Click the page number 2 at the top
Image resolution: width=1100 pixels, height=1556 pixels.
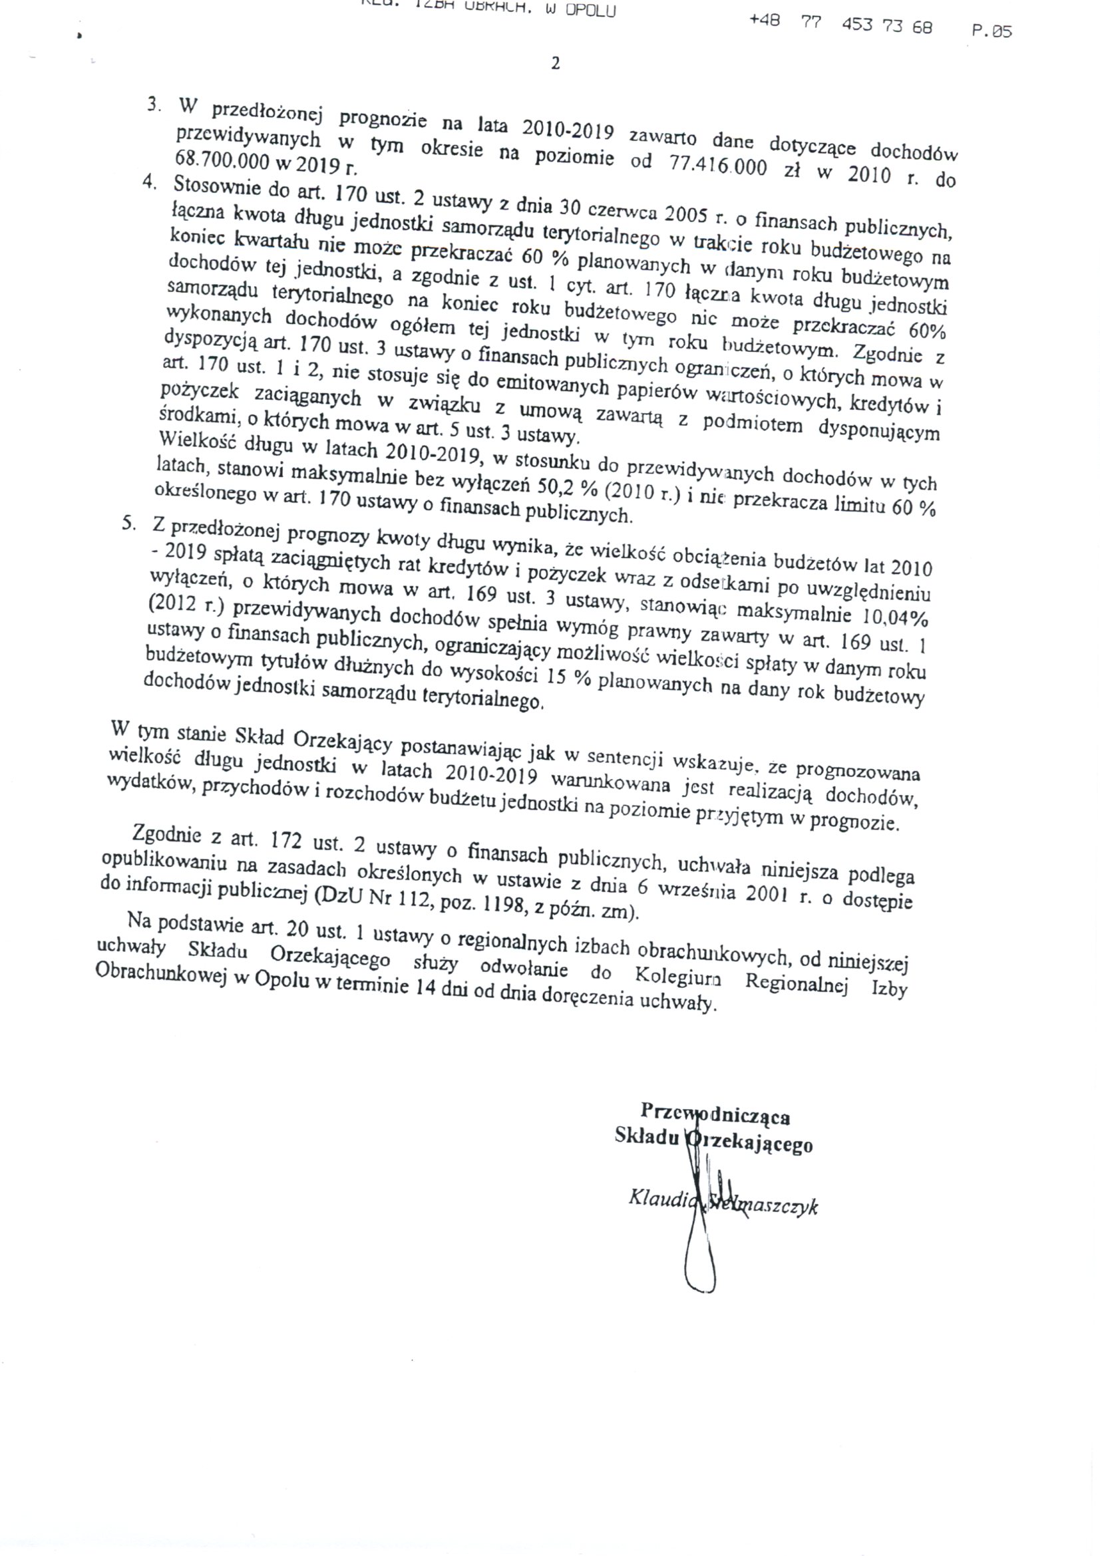555,65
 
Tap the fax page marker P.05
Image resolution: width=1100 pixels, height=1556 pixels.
992,31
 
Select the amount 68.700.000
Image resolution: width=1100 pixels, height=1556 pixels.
224,160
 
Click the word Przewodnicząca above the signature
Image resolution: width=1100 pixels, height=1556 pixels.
715,1114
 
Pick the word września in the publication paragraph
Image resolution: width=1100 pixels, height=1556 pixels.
703,890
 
